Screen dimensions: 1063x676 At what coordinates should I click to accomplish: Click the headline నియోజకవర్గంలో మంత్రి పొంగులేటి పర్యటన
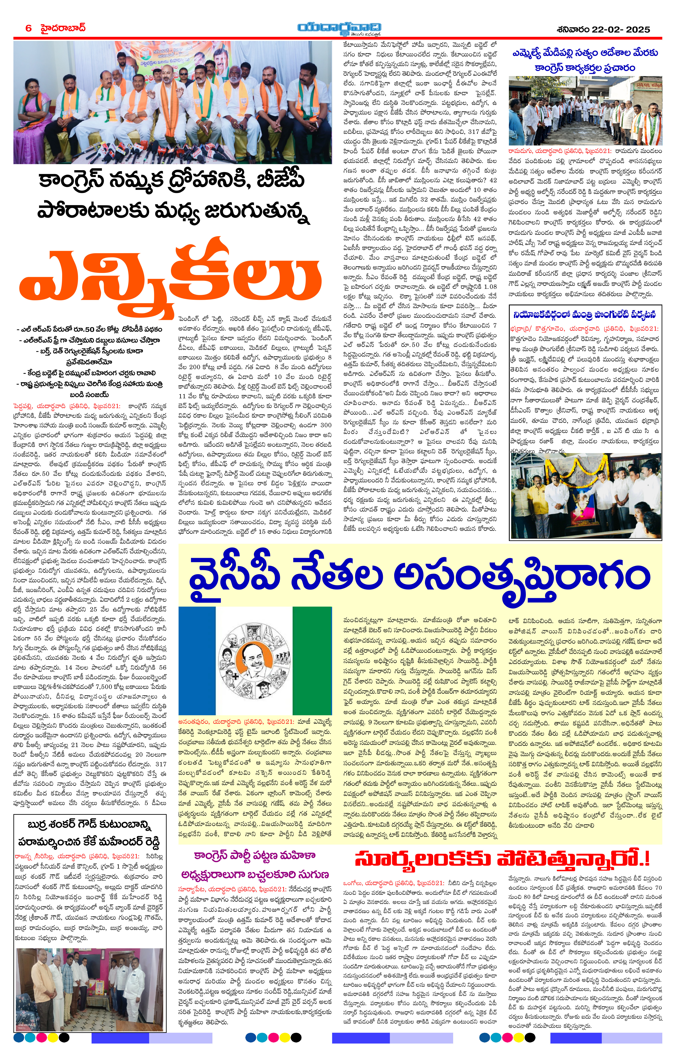(585, 314)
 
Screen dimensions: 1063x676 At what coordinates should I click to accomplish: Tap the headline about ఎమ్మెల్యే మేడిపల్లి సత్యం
(585, 60)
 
